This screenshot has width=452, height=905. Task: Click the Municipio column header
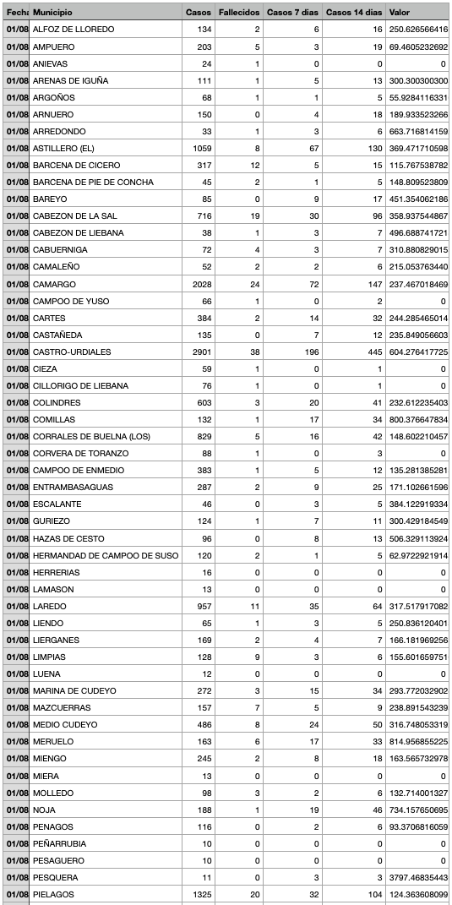[52, 12]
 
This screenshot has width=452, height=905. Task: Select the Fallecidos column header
[238, 12]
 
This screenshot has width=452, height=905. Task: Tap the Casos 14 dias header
[354, 12]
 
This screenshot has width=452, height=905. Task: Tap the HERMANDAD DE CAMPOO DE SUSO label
[94, 555]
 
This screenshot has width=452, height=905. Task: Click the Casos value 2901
[200, 352]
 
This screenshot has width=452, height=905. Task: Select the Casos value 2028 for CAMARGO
[200, 284]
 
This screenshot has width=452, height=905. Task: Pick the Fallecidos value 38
[254, 352]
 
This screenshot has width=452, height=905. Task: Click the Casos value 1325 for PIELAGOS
[200, 894]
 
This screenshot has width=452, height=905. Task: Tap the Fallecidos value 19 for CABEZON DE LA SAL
[254, 215]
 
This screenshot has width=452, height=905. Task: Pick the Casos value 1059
[200, 148]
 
